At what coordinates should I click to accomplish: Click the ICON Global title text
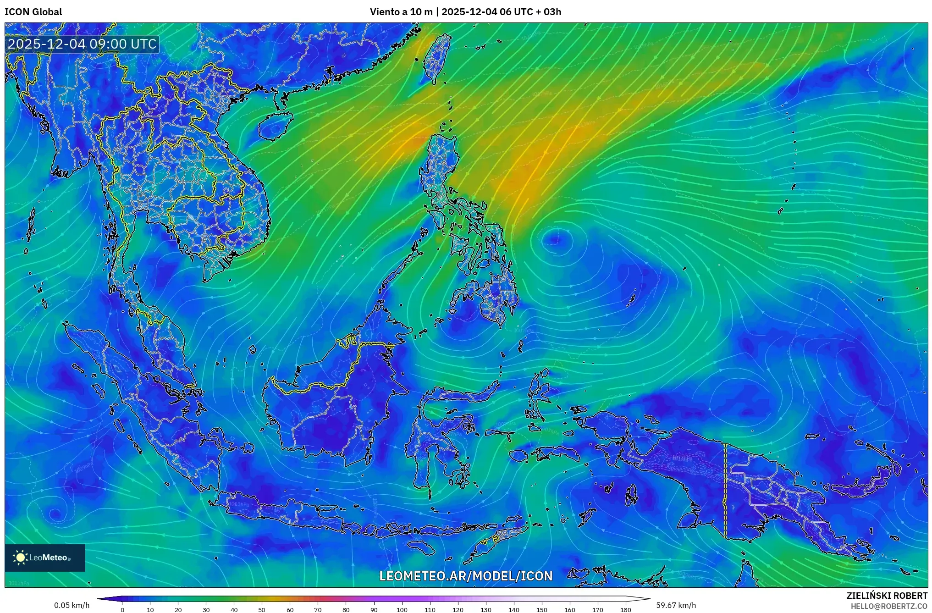[x=33, y=12]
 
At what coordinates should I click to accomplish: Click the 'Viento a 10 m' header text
[x=401, y=12]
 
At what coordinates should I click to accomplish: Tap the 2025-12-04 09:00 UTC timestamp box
[x=83, y=44]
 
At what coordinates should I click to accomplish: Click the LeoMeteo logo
[x=45, y=558]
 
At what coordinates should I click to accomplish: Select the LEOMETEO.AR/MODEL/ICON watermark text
[x=466, y=576]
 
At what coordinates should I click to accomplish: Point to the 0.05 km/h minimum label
[x=72, y=605]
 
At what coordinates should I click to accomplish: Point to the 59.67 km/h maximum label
[x=676, y=605]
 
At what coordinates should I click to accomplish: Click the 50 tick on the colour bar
[x=261, y=609]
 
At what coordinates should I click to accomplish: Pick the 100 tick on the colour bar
[x=402, y=609]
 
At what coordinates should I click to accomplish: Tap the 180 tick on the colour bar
[x=626, y=609]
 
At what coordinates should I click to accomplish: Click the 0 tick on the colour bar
[x=122, y=609]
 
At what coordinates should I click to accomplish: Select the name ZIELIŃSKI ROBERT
[x=887, y=596]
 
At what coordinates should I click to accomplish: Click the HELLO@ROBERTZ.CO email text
[x=889, y=606]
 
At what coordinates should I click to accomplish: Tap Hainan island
[x=275, y=126]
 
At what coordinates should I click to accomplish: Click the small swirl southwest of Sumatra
[x=55, y=514]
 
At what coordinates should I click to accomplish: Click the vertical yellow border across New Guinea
[x=725, y=491]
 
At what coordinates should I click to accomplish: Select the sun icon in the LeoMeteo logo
[x=21, y=558]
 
